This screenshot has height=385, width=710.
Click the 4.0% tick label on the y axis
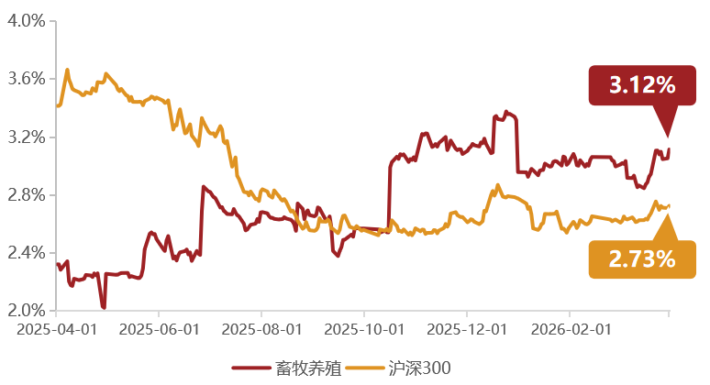[x=27, y=21]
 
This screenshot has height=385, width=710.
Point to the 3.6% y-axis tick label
[x=27, y=79]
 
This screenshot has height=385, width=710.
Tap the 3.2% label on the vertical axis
[x=27, y=137]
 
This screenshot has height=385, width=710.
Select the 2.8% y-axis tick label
[x=27, y=195]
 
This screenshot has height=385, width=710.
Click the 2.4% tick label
[x=27, y=252]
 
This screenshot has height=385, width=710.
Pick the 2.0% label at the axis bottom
[x=27, y=311]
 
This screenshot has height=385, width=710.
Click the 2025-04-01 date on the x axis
[x=57, y=329]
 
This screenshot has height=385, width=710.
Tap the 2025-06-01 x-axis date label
[x=160, y=329]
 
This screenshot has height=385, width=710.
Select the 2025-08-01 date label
[x=261, y=329]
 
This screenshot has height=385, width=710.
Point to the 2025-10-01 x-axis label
[x=364, y=329]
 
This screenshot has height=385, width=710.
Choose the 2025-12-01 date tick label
[x=467, y=329]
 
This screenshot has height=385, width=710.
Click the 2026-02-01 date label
[x=571, y=329]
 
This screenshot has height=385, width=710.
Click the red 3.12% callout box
[x=642, y=85]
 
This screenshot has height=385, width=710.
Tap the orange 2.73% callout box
[x=642, y=259]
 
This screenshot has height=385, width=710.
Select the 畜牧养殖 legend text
[x=308, y=368]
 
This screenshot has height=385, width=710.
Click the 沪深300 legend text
[x=419, y=368]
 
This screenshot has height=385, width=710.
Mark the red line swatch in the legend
[x=251, y=368]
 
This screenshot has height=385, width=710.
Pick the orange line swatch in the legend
[x=364, y=368]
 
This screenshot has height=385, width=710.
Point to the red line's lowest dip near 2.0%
[x=104, y=308]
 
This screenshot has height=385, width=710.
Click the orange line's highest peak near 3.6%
[x=68, y=70]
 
